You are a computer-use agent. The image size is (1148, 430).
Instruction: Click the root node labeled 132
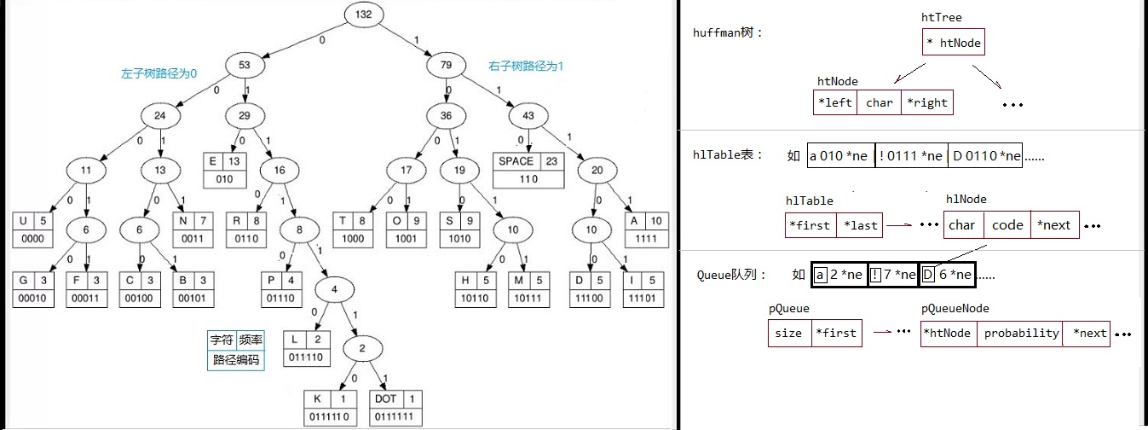click(x=363, y=15)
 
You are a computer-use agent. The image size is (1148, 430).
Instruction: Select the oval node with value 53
click(x=245, y=65)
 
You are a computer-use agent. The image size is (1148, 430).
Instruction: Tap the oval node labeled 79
click(x=447, y=65)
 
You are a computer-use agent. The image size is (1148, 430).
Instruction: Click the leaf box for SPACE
click(x=528, y=171)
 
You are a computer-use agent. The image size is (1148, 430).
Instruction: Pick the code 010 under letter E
click(x=224, y=179)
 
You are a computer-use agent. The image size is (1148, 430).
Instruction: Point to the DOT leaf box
click(x=395, y=409)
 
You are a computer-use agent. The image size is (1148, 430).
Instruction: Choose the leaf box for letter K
click(x=330, y=409)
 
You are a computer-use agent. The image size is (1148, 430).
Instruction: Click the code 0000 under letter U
click(x=32, y=239)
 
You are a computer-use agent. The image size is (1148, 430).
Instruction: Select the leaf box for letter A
click(x=646, y=230)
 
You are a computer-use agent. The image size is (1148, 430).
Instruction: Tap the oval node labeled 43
click(x=528, y=116)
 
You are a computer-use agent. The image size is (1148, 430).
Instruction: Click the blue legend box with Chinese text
click(x=236, y=350)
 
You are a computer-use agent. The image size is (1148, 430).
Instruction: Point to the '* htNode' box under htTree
click(x=953, y=42)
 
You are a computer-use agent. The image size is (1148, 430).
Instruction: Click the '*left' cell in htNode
click(x=835, y=102)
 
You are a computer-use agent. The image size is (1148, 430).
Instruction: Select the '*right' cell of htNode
click(x=926, y=102)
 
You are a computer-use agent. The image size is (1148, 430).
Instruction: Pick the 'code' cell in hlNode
click(x=1007, y=224)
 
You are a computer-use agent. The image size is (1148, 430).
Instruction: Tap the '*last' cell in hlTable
click(x=859, y=225)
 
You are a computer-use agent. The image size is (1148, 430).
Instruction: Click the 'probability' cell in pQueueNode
click(x=1020, y=334)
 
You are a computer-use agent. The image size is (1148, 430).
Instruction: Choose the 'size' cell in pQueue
click(x=789, y=333)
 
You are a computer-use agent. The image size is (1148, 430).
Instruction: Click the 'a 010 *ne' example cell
click(x=841, y=155)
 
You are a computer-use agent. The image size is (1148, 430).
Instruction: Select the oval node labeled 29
click(x=245, y=116)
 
